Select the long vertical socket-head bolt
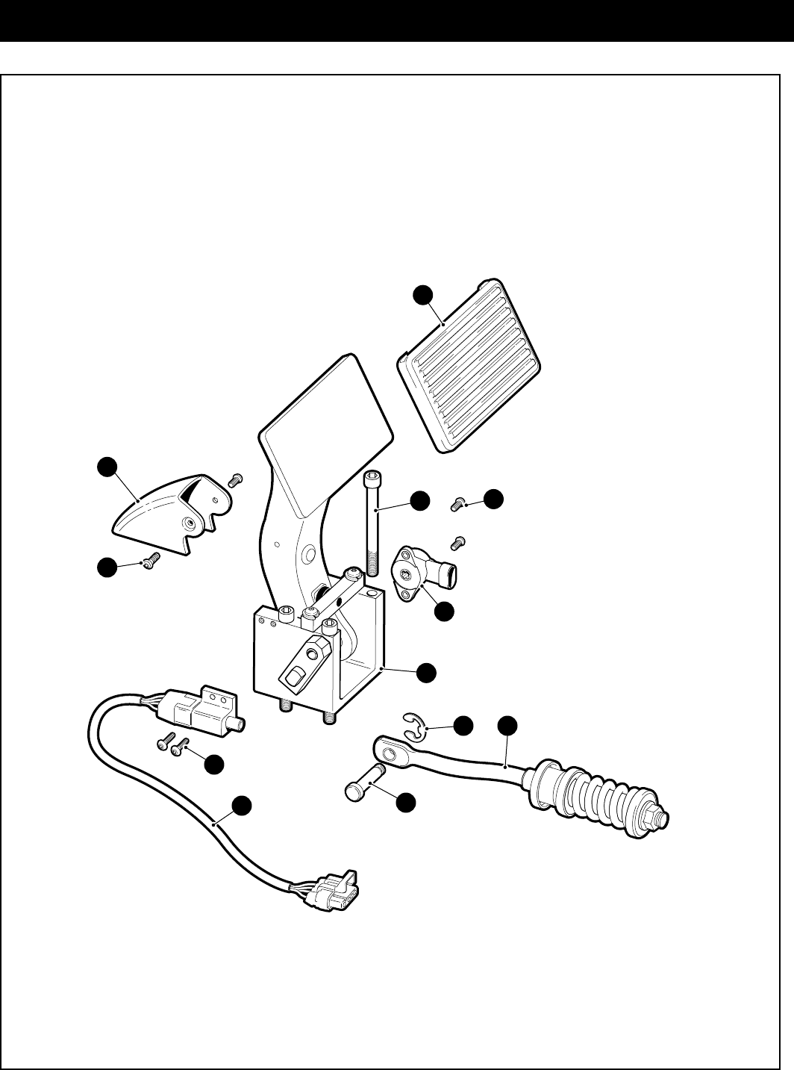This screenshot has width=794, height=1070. click(373, 523)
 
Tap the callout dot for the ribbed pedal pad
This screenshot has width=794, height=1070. click(424, 295)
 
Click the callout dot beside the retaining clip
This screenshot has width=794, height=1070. click(464, 724)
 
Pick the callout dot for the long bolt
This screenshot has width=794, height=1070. click(420, 500)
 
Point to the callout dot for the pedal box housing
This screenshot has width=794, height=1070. click(426, 672)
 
